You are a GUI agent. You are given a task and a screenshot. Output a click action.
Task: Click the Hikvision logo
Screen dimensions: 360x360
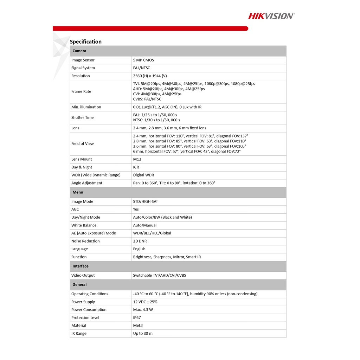271,16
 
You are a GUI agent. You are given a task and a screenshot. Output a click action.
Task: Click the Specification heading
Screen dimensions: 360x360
85,41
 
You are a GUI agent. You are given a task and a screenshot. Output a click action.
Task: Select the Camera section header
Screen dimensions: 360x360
79,51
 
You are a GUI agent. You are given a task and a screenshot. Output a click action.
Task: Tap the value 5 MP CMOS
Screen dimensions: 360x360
143,60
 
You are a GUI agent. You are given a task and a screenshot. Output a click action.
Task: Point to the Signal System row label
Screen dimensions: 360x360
83,68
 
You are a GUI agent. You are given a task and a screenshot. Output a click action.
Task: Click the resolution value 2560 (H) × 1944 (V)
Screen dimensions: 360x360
150,76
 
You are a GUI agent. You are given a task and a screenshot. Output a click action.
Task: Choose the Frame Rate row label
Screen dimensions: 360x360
81,91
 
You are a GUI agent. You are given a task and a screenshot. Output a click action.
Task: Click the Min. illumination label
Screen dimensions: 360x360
86,107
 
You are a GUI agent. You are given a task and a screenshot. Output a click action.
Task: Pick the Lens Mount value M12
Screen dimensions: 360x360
137,159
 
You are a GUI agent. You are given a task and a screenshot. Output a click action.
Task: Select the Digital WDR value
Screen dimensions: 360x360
143,175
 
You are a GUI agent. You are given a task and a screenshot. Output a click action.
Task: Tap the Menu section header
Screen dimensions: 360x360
78,192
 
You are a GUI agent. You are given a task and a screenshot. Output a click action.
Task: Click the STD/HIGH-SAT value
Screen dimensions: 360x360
145,201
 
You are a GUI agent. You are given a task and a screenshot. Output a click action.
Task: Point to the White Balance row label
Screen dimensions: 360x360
84,225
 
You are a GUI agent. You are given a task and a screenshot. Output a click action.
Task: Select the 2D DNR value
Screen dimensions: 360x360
140,241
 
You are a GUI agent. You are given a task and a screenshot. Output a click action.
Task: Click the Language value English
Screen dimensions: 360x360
139,249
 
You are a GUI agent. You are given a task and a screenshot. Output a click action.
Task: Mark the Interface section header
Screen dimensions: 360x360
81,266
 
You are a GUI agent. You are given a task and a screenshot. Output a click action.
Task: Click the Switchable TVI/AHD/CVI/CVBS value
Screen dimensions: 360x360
159,275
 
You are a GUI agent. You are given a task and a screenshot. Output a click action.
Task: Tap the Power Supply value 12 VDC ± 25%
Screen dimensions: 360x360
145,302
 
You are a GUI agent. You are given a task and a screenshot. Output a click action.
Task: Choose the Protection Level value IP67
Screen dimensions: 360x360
137,318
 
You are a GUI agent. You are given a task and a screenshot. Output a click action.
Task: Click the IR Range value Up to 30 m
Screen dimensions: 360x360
143,334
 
